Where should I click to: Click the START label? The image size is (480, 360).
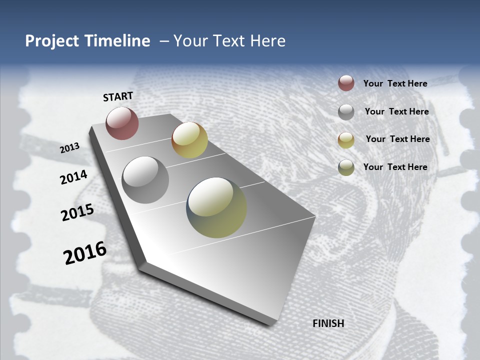coord(118,96)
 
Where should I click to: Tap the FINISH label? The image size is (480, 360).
coord(328,323)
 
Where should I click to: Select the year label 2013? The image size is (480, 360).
coord(70,148)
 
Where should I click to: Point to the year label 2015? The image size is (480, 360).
coord(77,212)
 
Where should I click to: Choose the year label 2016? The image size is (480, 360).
coord(85,253)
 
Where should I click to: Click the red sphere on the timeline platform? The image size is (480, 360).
coord(122,123)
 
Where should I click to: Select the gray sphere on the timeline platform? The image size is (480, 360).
coord(145,180)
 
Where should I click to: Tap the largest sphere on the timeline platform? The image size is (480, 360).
coord(216,207)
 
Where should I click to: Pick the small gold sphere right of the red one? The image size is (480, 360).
coord(189,140)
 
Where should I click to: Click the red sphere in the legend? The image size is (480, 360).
coord(346,83)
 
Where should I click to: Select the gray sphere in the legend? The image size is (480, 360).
coord(346,112)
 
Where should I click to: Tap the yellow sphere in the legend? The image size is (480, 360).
coord(346,140)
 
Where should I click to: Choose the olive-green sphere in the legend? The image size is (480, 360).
coord(346,167)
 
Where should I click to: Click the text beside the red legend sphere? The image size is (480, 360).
coord(395,83)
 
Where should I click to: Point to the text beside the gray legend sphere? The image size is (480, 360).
coord(396,111)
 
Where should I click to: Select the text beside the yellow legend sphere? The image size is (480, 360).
coord(397,139)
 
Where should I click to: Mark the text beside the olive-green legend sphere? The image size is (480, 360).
coord(395,167)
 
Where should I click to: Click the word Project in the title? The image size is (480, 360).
coord(52,41)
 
